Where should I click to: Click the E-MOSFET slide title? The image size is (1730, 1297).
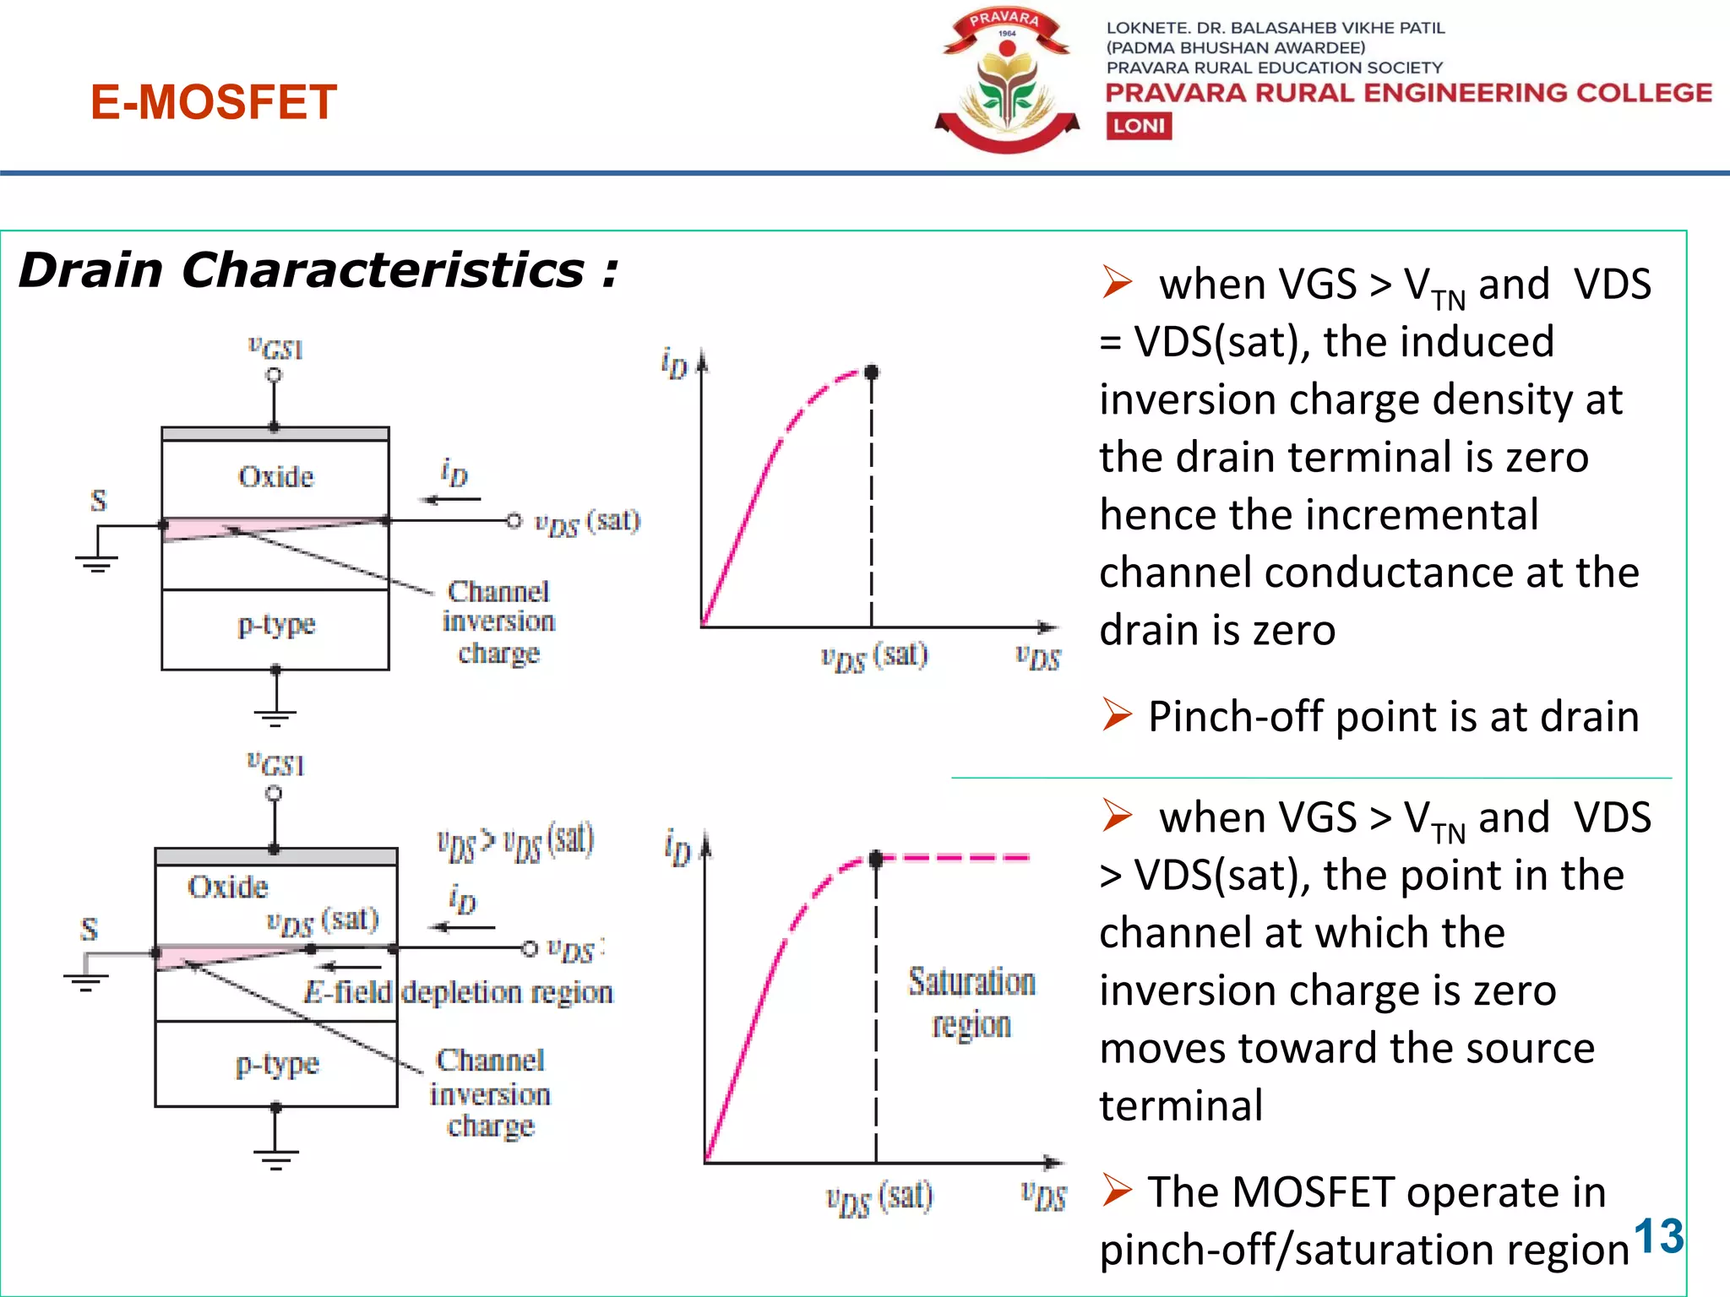pos(214,102)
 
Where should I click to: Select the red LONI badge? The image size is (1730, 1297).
pos(1139,127)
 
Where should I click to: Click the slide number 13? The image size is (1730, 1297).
pos(1658,1237)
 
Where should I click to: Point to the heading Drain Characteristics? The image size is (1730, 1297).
pos(318,270)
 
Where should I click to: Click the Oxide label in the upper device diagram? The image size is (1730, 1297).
pos(276,477)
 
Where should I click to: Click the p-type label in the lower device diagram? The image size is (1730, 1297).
pos(277,1064)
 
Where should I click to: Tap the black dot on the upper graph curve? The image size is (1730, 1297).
pos(872,372)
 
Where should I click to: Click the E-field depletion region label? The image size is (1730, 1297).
pos(459,992)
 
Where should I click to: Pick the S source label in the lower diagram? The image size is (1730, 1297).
pos(89,929)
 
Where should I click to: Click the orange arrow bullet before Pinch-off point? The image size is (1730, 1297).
pos(1117,715)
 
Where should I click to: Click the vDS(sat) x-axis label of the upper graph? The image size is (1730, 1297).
pos(874,656)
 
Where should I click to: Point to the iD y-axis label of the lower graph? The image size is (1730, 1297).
pos(677,848)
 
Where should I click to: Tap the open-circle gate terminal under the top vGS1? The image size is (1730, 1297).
pos(274,375)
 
